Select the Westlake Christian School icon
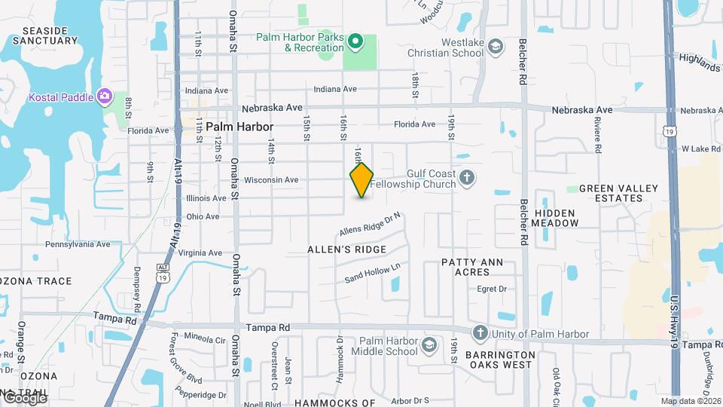tap(495, 47)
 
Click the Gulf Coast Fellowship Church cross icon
tap(467, 179)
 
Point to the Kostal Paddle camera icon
tap(104, 96)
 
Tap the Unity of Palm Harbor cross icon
tap(480, 333)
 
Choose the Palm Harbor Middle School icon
tap(429, 346)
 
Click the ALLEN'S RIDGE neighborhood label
tap(347, 249)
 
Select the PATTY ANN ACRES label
tap(477, 268)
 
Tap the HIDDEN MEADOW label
tap(555, 218)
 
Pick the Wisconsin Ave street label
tap(271, 180)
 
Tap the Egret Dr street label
tap(493, 289)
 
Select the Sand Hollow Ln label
tap(371, 272)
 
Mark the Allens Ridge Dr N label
tap(370, 223)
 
